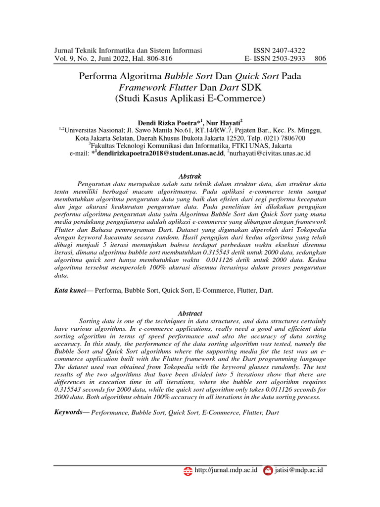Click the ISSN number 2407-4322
click(289, 51)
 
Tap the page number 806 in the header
click(320, 59)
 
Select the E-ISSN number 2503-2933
click(288, 59)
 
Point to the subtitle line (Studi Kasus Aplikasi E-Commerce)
click(190, 98)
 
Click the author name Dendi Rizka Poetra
click(166, 122)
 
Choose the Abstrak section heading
click(190, 176)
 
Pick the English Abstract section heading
click(190, 313)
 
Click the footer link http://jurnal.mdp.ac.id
click(226, 470)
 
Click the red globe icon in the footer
click(188, 470)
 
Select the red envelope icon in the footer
click(268, 470)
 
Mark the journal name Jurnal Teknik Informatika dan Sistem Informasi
click(128, 51)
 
